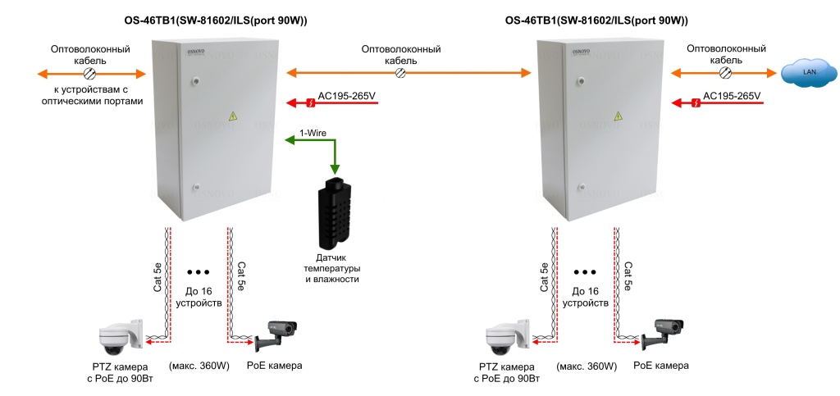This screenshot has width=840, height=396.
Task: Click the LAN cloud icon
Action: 802,73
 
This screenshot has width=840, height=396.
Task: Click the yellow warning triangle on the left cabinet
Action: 233,116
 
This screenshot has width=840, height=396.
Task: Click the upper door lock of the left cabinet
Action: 197,81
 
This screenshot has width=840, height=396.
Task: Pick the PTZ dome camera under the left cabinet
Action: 120,337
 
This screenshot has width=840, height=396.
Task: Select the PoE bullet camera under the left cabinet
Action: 276,333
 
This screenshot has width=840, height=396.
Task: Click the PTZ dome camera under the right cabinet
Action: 504,337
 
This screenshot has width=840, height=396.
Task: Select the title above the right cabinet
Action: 596,20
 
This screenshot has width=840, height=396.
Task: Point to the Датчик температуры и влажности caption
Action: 331,268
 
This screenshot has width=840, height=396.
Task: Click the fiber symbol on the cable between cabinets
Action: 400,74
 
